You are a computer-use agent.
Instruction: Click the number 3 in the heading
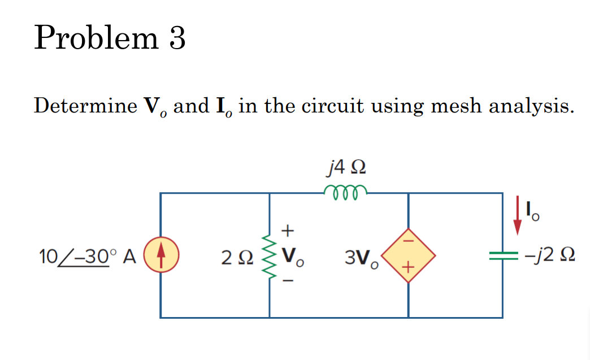177,39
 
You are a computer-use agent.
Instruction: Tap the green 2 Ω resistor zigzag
269,255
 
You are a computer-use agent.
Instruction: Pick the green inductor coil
346,191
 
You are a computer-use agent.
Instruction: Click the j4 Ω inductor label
346,168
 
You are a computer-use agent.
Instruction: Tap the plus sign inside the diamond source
408,266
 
